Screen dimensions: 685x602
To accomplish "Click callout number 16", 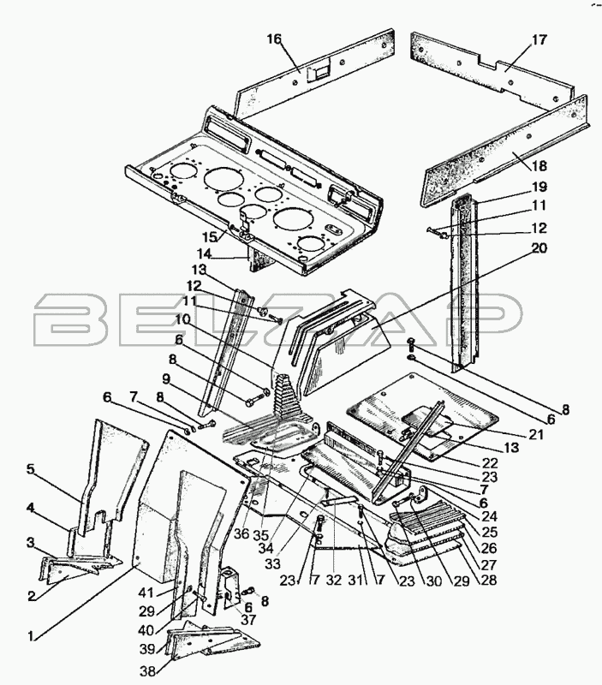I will coord(273,39).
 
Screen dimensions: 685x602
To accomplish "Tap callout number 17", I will coord(539,39).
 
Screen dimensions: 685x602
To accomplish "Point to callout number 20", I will coord(539,247).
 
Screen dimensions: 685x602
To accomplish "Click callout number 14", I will coord(203,253).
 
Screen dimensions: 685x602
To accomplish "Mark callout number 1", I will coord(32,635).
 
